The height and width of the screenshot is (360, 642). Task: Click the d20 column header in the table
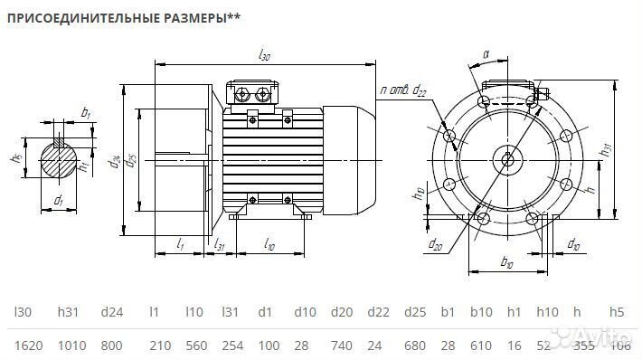[341, 312]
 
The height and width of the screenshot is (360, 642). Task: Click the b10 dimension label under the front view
[506, 264]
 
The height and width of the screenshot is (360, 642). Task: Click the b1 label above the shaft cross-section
[85, 113]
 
